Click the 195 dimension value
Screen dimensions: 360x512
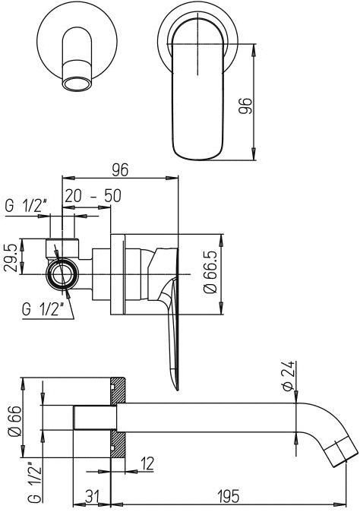point(229,496)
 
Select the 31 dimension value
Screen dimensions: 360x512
point(93,496)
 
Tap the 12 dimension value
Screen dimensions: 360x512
point(147,463)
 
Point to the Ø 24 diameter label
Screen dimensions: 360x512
point(288,376)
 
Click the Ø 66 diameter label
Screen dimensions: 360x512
point(14,421)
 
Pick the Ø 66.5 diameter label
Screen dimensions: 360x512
point(210,272)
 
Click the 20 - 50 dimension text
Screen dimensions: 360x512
point(93,195)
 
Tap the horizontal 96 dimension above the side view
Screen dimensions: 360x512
point(120,169)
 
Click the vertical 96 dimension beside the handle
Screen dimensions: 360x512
point(245,106)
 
